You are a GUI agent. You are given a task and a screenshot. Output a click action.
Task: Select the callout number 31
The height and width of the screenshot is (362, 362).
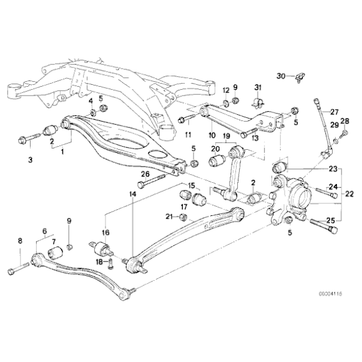258,87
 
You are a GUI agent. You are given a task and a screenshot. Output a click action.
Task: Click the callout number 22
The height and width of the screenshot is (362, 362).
350,194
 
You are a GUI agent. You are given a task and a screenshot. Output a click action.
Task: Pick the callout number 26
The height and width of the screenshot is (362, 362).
145,174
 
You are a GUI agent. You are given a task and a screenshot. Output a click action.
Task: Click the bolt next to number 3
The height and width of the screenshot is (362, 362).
27,137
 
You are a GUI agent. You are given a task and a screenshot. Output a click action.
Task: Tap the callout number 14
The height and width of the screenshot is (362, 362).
132,195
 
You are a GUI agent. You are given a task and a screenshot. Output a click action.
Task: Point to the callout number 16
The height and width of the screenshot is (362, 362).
106,232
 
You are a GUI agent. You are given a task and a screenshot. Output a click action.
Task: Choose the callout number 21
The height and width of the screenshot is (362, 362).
169,217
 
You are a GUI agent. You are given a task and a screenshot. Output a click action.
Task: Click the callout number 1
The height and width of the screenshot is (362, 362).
62,150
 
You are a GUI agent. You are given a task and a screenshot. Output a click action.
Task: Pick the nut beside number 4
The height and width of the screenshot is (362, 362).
92,112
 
